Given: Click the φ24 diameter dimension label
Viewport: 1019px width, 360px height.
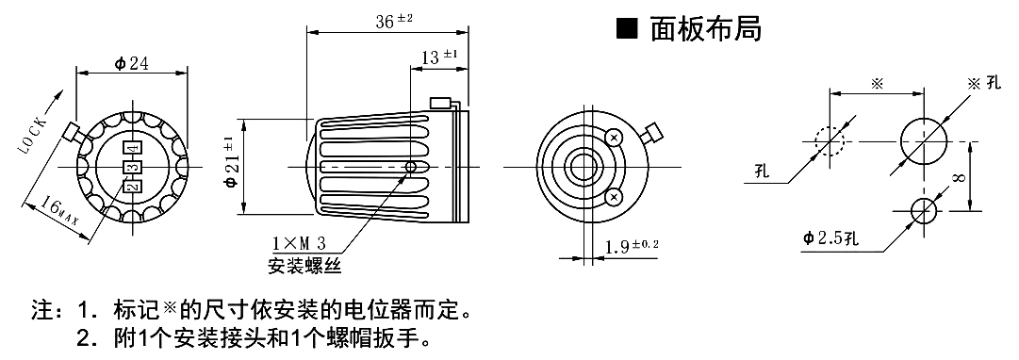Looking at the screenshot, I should pyautogui.click(x=133, y=63).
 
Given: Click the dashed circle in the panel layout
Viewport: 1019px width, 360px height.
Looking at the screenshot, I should pyautogui.click(x=830, y=141).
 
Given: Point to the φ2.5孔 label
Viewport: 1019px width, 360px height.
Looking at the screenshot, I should pyautogui.click(x=830, y=237).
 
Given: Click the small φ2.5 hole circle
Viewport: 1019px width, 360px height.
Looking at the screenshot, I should pyautogui.click(x=923, y=210).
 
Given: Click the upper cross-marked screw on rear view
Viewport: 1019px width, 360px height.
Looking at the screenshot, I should pyautogui.click(x=615, y=139).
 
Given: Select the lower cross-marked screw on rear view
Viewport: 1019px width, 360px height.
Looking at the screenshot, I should pyautogui.click(x=615, y=196).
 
